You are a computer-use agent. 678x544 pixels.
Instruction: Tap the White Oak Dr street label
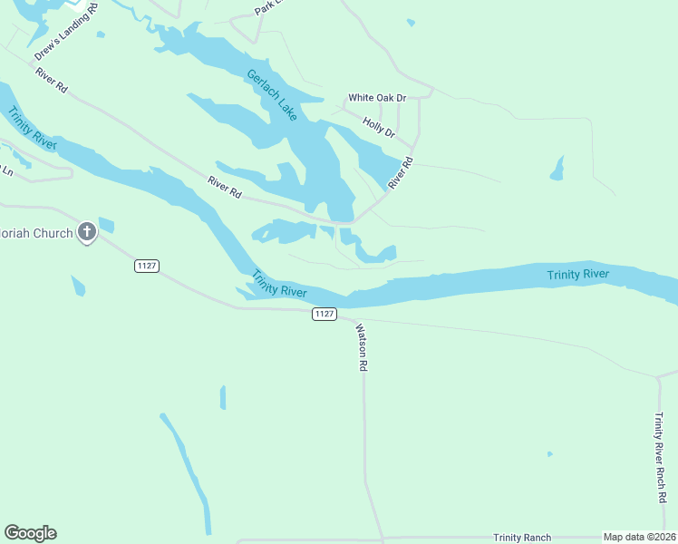[x=377, y=98]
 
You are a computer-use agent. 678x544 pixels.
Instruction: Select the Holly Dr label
[x=379, y=127]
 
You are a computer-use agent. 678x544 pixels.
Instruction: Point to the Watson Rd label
[x=361, y=348]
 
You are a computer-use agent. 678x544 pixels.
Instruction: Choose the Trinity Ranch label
[x=522, y=538]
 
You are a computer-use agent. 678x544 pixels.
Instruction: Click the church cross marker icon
[x=87, y=233]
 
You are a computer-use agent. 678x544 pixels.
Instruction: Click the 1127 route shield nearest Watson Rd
[x=324, y=314]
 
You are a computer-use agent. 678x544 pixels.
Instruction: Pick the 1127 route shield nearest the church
[x=147, y=265]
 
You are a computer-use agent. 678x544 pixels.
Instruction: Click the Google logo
[x=30, y=533]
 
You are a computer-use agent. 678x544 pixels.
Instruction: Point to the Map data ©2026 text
[x=639, y=538]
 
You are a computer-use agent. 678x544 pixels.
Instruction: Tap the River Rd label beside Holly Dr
[x=401, y=172]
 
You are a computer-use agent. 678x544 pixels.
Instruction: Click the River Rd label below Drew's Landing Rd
[x=53, y=80]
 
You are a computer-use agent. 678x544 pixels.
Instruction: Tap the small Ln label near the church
[x=7, y=170]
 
